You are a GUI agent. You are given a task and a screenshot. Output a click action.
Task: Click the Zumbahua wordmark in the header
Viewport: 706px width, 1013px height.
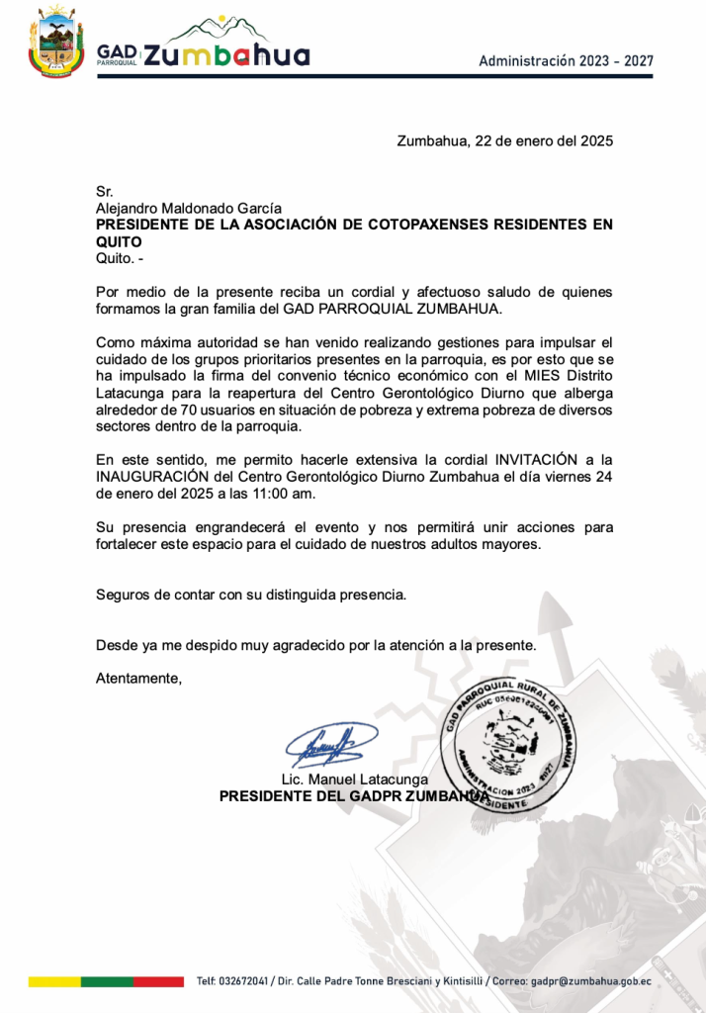226,55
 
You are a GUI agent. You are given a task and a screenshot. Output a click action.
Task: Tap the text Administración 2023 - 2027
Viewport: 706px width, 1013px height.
566,60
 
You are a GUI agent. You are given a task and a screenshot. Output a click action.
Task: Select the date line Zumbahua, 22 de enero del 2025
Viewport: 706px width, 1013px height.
504,140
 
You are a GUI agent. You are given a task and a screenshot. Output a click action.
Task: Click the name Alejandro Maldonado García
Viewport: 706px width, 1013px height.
189,208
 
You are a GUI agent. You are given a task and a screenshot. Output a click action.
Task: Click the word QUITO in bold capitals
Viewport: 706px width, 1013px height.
119,241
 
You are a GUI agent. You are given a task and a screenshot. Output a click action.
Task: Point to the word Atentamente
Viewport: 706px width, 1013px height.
138,679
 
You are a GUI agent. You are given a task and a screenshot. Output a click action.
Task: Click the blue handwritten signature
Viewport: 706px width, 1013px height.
331,744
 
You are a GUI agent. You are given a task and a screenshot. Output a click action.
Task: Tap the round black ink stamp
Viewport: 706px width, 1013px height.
512,744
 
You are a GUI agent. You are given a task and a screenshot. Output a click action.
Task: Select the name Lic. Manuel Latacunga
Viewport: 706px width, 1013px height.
355,779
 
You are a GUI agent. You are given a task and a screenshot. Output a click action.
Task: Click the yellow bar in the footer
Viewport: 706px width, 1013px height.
53,982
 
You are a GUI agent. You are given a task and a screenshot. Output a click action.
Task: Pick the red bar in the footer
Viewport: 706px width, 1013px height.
158,982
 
